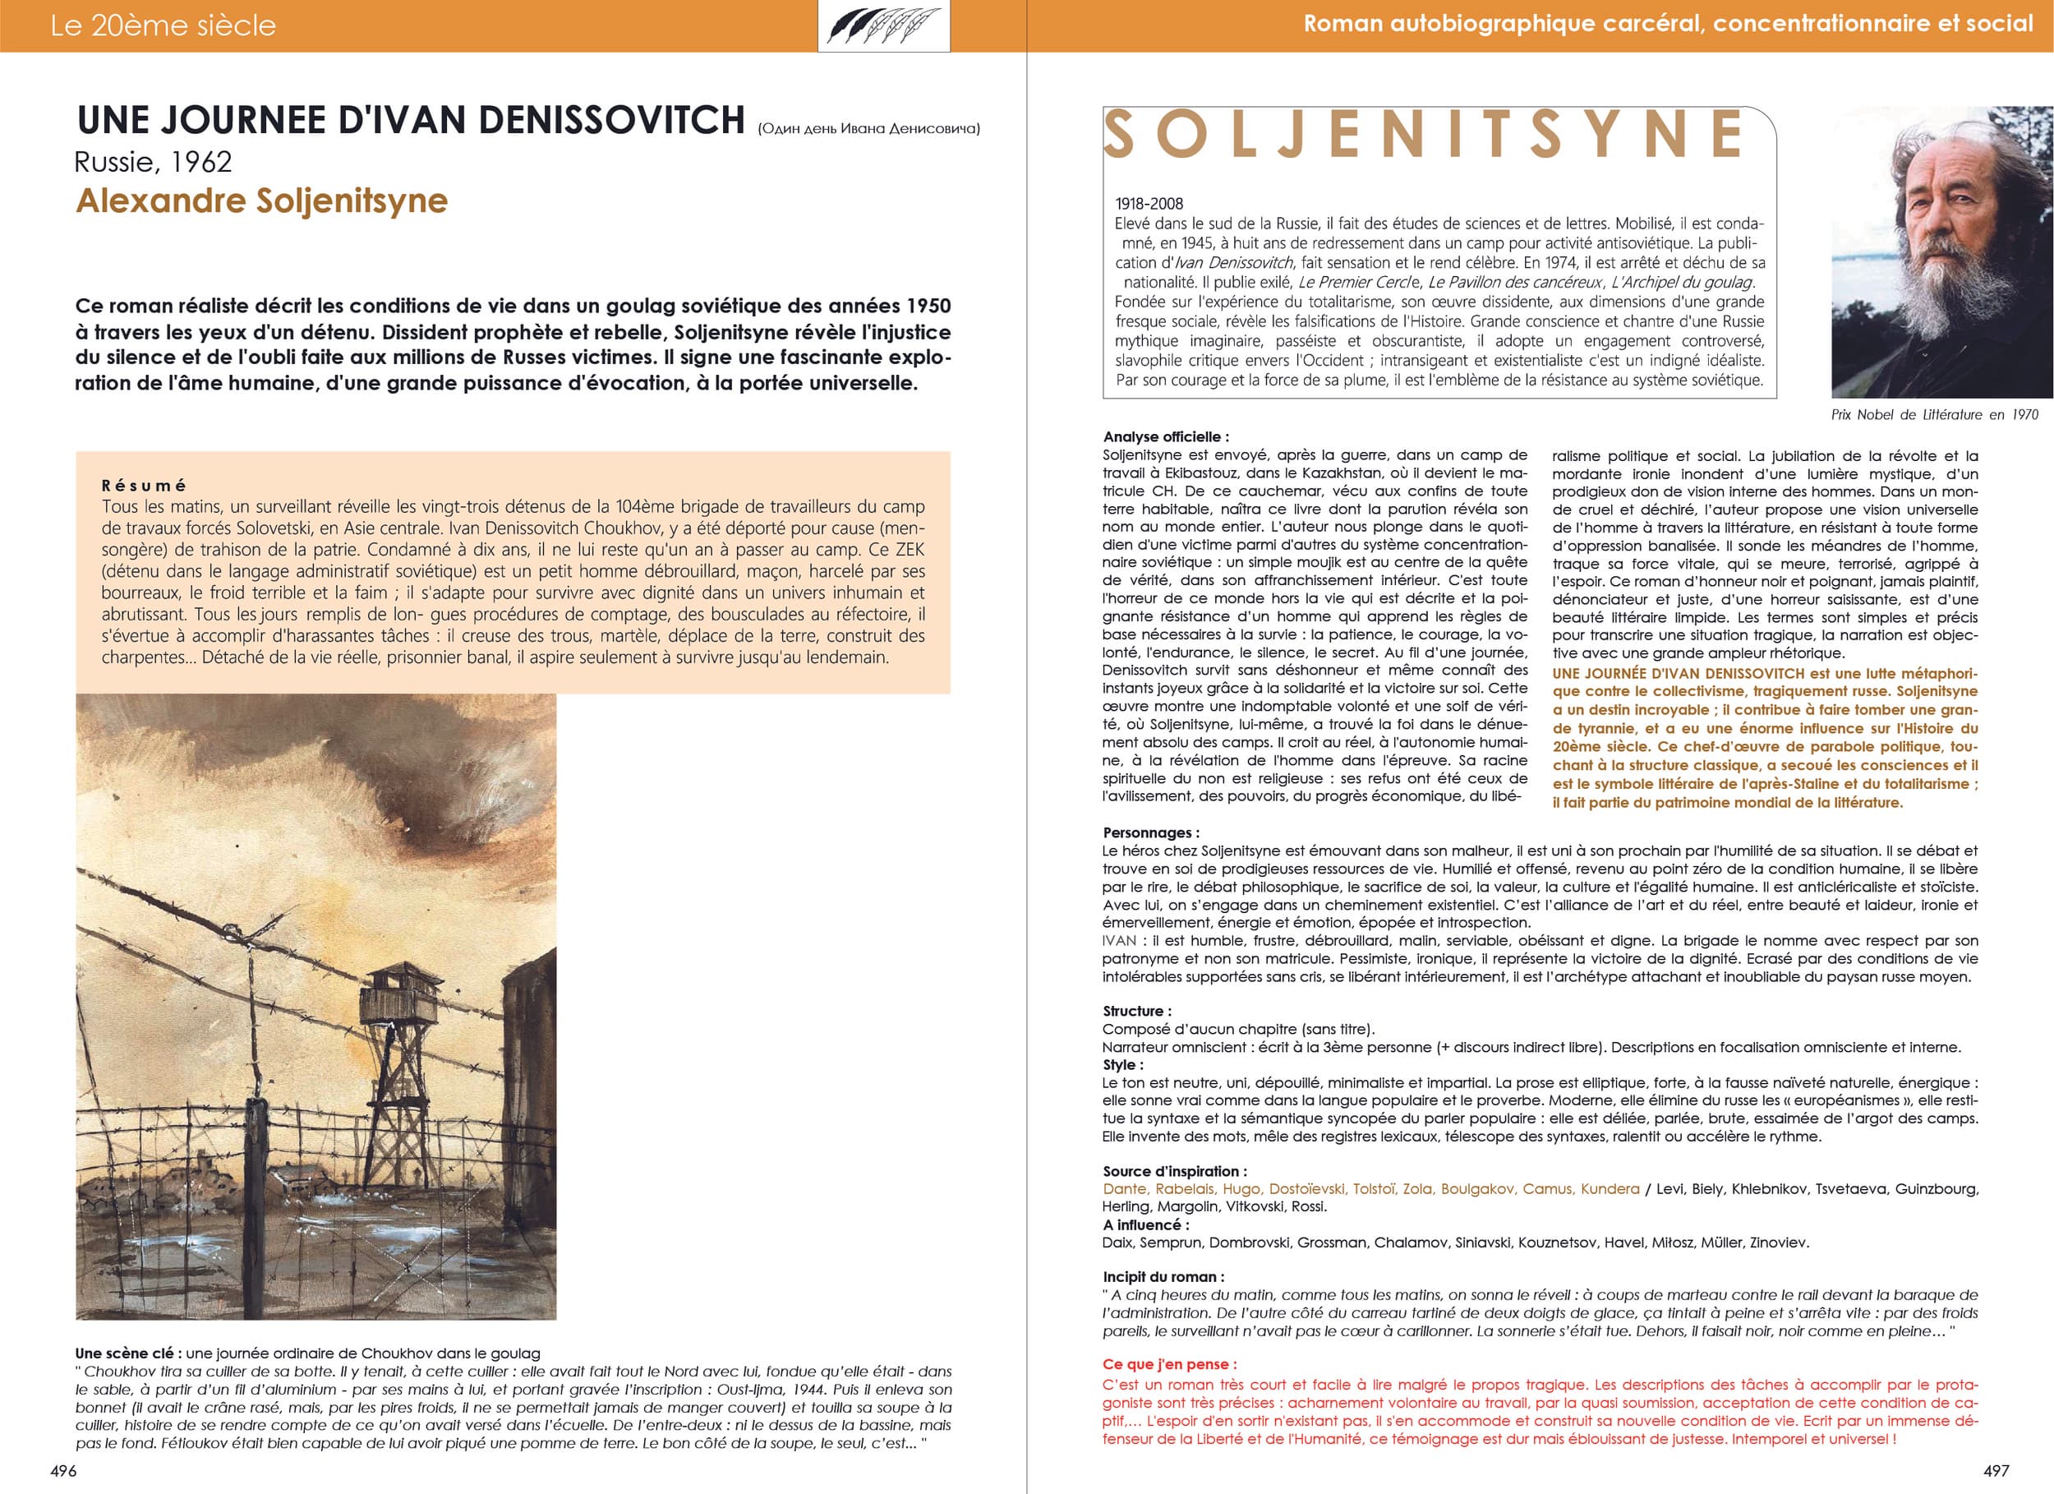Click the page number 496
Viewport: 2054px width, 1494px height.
(63, 1470)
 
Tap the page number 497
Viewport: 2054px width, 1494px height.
(1996, 1470)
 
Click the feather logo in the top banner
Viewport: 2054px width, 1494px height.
(883, 25)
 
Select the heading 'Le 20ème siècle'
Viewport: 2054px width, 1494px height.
(163, 25)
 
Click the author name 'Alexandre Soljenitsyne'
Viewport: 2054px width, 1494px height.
(262, 201)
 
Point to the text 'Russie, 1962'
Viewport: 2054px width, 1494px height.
(153, 162)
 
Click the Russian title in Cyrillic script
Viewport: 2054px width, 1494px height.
(868, 129)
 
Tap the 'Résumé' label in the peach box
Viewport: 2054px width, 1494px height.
(144, 486)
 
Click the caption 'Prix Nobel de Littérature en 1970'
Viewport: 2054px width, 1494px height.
(1933, 415)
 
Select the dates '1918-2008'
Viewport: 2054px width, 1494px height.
(1149, 204)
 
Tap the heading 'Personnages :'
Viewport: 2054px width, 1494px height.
(1150, 832)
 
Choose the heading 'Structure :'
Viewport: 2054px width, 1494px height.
(1136, 1011)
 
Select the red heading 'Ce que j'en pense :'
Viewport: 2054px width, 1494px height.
(1169, 1364)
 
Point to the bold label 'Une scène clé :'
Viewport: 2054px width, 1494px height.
(125, 1353)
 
